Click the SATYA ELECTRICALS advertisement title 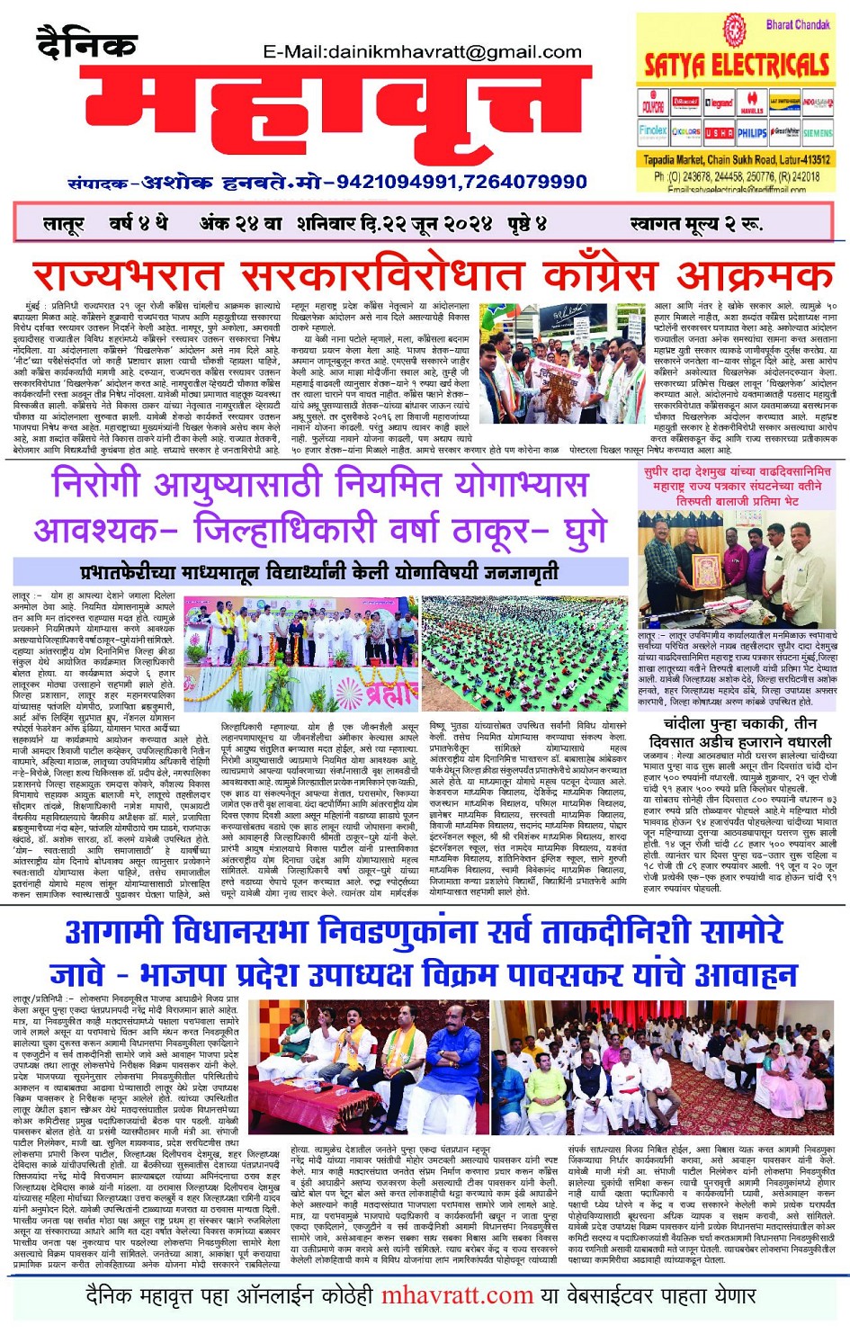coord(737,65)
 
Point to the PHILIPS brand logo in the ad coord(752,132)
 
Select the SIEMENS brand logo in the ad coord(818,132)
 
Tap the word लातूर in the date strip coord(63,223)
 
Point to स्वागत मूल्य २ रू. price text coord(695,223)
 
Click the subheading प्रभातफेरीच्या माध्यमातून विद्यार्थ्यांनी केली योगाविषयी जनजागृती coord(319,572)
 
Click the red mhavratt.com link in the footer coord(457,1296)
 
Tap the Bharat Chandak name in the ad coord(798,25)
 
